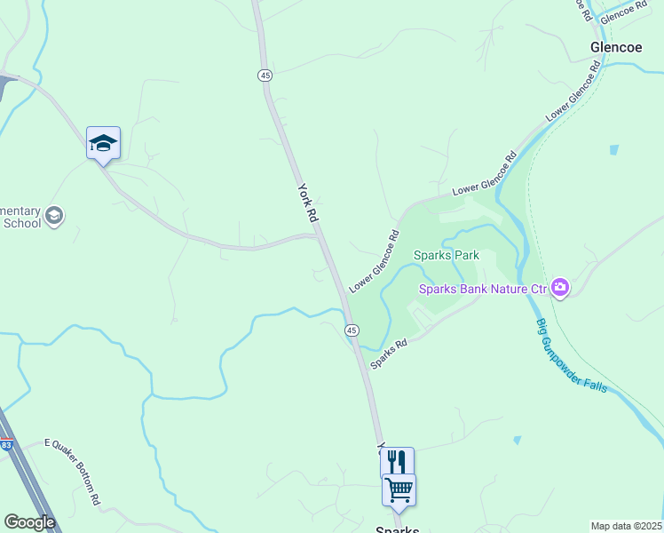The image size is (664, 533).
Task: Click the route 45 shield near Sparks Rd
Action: point(352,330)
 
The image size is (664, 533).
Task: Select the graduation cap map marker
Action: point(103,143)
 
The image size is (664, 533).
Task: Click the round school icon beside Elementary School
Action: point(55,216)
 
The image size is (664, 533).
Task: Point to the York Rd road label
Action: point(307,203)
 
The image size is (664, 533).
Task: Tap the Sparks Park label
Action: point(447,256)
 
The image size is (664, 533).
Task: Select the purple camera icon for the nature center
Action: point(559,287)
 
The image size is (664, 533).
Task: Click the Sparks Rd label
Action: point(389,354)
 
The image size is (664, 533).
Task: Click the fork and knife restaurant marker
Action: point(397,461)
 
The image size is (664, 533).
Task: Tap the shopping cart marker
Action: point(399,489)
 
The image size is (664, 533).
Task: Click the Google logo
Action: point(29,522)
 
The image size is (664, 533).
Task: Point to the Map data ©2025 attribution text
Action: point(626,526)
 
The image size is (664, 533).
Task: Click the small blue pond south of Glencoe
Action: point(613,150)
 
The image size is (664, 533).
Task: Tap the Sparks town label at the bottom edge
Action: point(397,529)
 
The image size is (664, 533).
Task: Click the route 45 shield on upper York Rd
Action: point(265,76)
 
